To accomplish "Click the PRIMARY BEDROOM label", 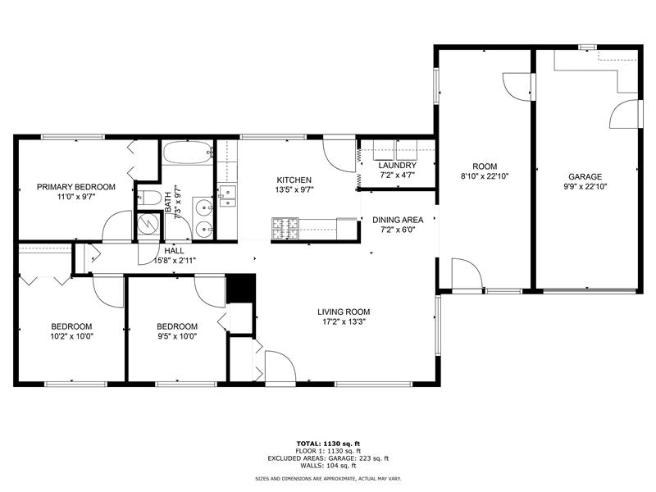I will coord(76,187).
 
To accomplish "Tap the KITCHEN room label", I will coord(294,180).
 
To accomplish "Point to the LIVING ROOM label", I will coord(344,312).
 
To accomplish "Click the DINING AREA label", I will coord(398,220).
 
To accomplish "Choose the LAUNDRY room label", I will coord(398,165).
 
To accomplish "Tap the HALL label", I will coord(174,251).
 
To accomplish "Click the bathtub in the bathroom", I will coord(186,153).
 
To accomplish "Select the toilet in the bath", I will coord(150,197).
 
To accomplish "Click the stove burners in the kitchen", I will coord(285,226).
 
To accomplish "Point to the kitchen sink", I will coord(226,194).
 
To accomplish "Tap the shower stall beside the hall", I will coord(149,224).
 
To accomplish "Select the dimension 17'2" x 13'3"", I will coord(344,322).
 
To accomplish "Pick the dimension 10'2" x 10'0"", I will coord(72,335).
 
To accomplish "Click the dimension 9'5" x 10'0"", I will coord(177,335).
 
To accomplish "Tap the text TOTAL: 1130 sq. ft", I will coord(328,443).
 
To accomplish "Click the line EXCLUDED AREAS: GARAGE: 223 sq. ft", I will coord(328,458).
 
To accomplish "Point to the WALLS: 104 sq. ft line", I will coord(328,466).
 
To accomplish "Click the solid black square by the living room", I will coord(241,289).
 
